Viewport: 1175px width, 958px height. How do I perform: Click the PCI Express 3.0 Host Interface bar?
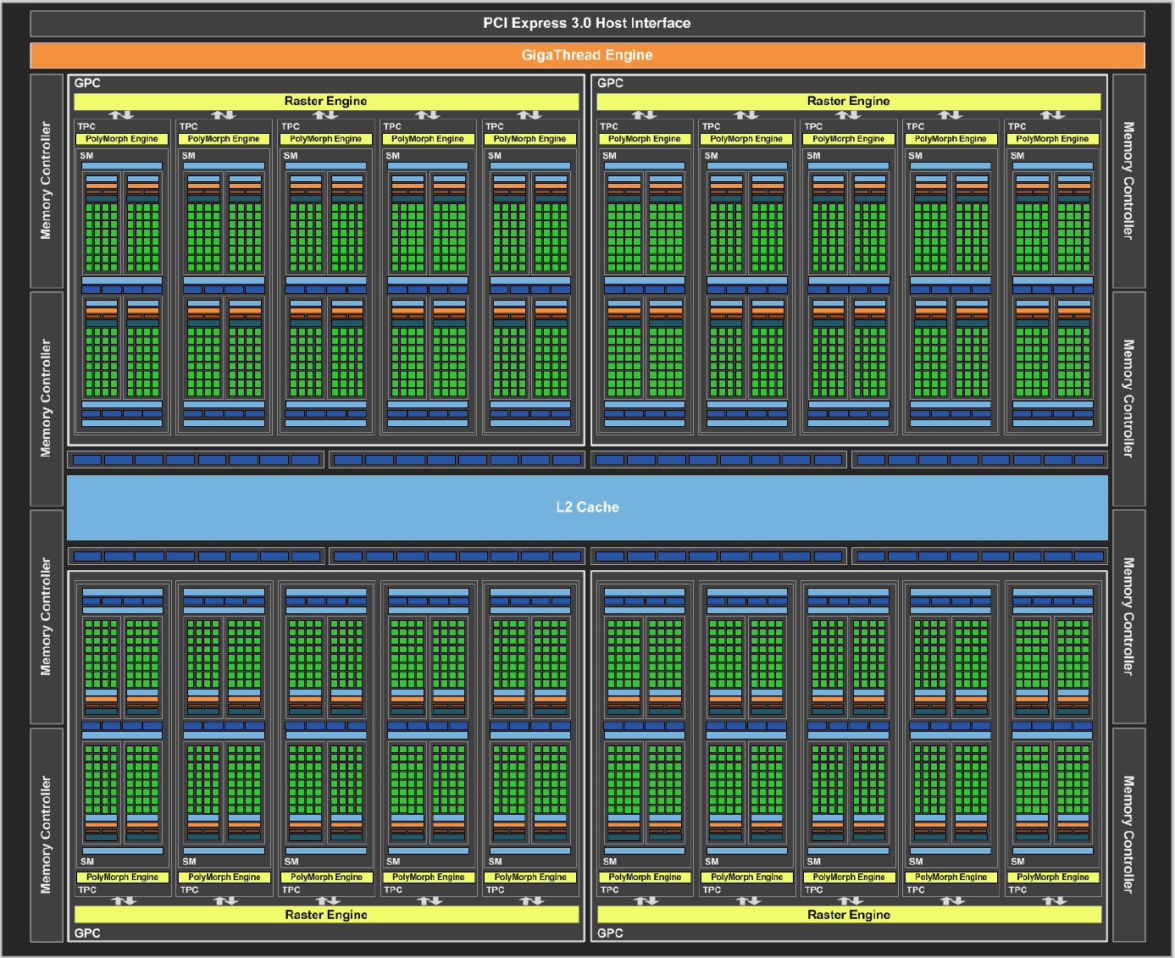[587, 24]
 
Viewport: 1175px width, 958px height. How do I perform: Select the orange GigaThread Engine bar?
[587, 55]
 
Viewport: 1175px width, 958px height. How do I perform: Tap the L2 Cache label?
[587, 507]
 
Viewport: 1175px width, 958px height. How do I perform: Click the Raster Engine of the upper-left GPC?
[326, 102]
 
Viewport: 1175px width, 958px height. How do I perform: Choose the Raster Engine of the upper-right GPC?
[849, 102]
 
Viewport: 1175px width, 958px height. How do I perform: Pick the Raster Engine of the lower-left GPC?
[326, 915]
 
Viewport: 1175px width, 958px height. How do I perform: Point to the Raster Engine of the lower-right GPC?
[849, 915]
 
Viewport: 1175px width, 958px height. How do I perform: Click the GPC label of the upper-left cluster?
[87, 83]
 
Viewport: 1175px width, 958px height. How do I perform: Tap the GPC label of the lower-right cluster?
[610, 933]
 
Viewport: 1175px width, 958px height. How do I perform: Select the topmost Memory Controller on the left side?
[47, 181]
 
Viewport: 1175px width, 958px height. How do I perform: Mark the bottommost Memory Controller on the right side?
[1128, 834]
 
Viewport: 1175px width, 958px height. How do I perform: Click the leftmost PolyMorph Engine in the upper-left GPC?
[121, 139]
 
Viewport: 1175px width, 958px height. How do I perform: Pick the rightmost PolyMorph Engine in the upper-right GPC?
[1052, 139]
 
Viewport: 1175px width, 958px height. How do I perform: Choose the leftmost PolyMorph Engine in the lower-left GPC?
[123, 878]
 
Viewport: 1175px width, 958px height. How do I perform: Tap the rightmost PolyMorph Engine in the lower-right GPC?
[1053, 878]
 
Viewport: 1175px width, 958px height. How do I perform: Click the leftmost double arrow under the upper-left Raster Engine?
[121, 115]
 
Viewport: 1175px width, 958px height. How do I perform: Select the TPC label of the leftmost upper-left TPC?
[86, 126]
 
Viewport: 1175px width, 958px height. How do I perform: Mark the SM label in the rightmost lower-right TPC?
[1018, 861]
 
